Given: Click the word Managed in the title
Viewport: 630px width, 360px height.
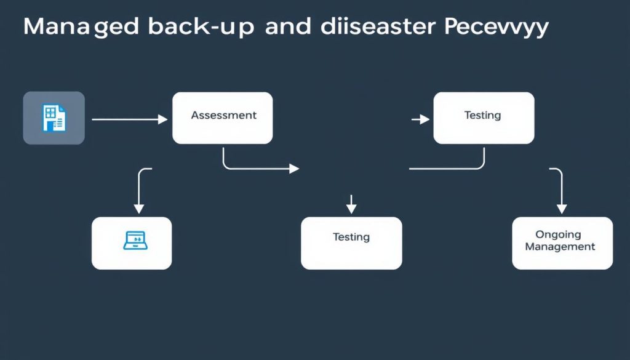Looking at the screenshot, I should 81,28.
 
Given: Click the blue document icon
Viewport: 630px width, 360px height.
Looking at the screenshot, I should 54,118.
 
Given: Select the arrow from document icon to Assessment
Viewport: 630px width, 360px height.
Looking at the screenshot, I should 129,119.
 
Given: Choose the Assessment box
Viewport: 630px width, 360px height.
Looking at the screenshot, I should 222,118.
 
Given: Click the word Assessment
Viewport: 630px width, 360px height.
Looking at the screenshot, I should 223,115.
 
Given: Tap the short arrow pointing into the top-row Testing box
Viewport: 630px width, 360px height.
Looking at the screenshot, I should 420,119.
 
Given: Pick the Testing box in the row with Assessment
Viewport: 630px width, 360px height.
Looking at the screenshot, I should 484,118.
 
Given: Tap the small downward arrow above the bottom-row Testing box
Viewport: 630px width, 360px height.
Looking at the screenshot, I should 351,204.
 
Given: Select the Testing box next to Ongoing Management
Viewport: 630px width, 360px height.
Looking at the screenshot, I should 351,243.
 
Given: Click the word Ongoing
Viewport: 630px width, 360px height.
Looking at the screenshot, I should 558,234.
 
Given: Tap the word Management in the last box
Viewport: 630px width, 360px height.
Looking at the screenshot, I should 560,247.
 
